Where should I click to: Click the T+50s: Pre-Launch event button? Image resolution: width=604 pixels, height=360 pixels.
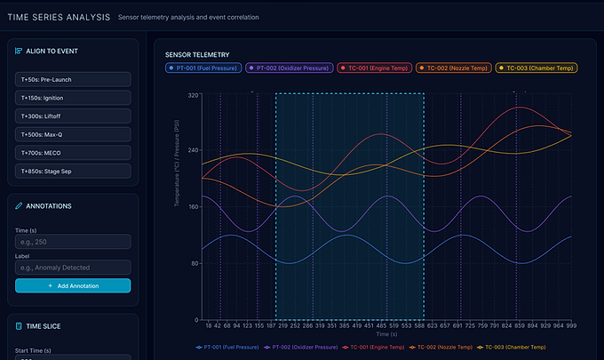pos(73,79)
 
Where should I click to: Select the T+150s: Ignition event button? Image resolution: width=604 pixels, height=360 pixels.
pos(73,97)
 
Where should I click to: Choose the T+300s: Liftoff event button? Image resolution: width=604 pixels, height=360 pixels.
pos(73,116)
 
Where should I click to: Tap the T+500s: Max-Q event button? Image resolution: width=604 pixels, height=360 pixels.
pos(73,133)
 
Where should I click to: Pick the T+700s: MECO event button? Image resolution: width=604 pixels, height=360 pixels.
pos(73,152)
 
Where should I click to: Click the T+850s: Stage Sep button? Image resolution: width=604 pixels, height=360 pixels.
pos(73,170)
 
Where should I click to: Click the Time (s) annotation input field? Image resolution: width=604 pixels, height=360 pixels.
pos(73,242)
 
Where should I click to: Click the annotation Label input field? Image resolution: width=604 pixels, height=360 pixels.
pos(73,267)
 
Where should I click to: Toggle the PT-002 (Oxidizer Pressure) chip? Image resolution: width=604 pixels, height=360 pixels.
pos(290,68)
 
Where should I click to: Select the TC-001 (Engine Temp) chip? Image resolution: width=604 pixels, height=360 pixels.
pos(374,68)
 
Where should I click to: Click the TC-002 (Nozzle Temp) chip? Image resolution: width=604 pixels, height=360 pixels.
pos(453,68)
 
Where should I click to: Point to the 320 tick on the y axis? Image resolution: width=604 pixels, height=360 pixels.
pos(195,94)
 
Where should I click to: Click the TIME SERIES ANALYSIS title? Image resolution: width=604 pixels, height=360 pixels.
pos(59,17)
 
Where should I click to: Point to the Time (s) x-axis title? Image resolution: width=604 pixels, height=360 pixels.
pos(387,334)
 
